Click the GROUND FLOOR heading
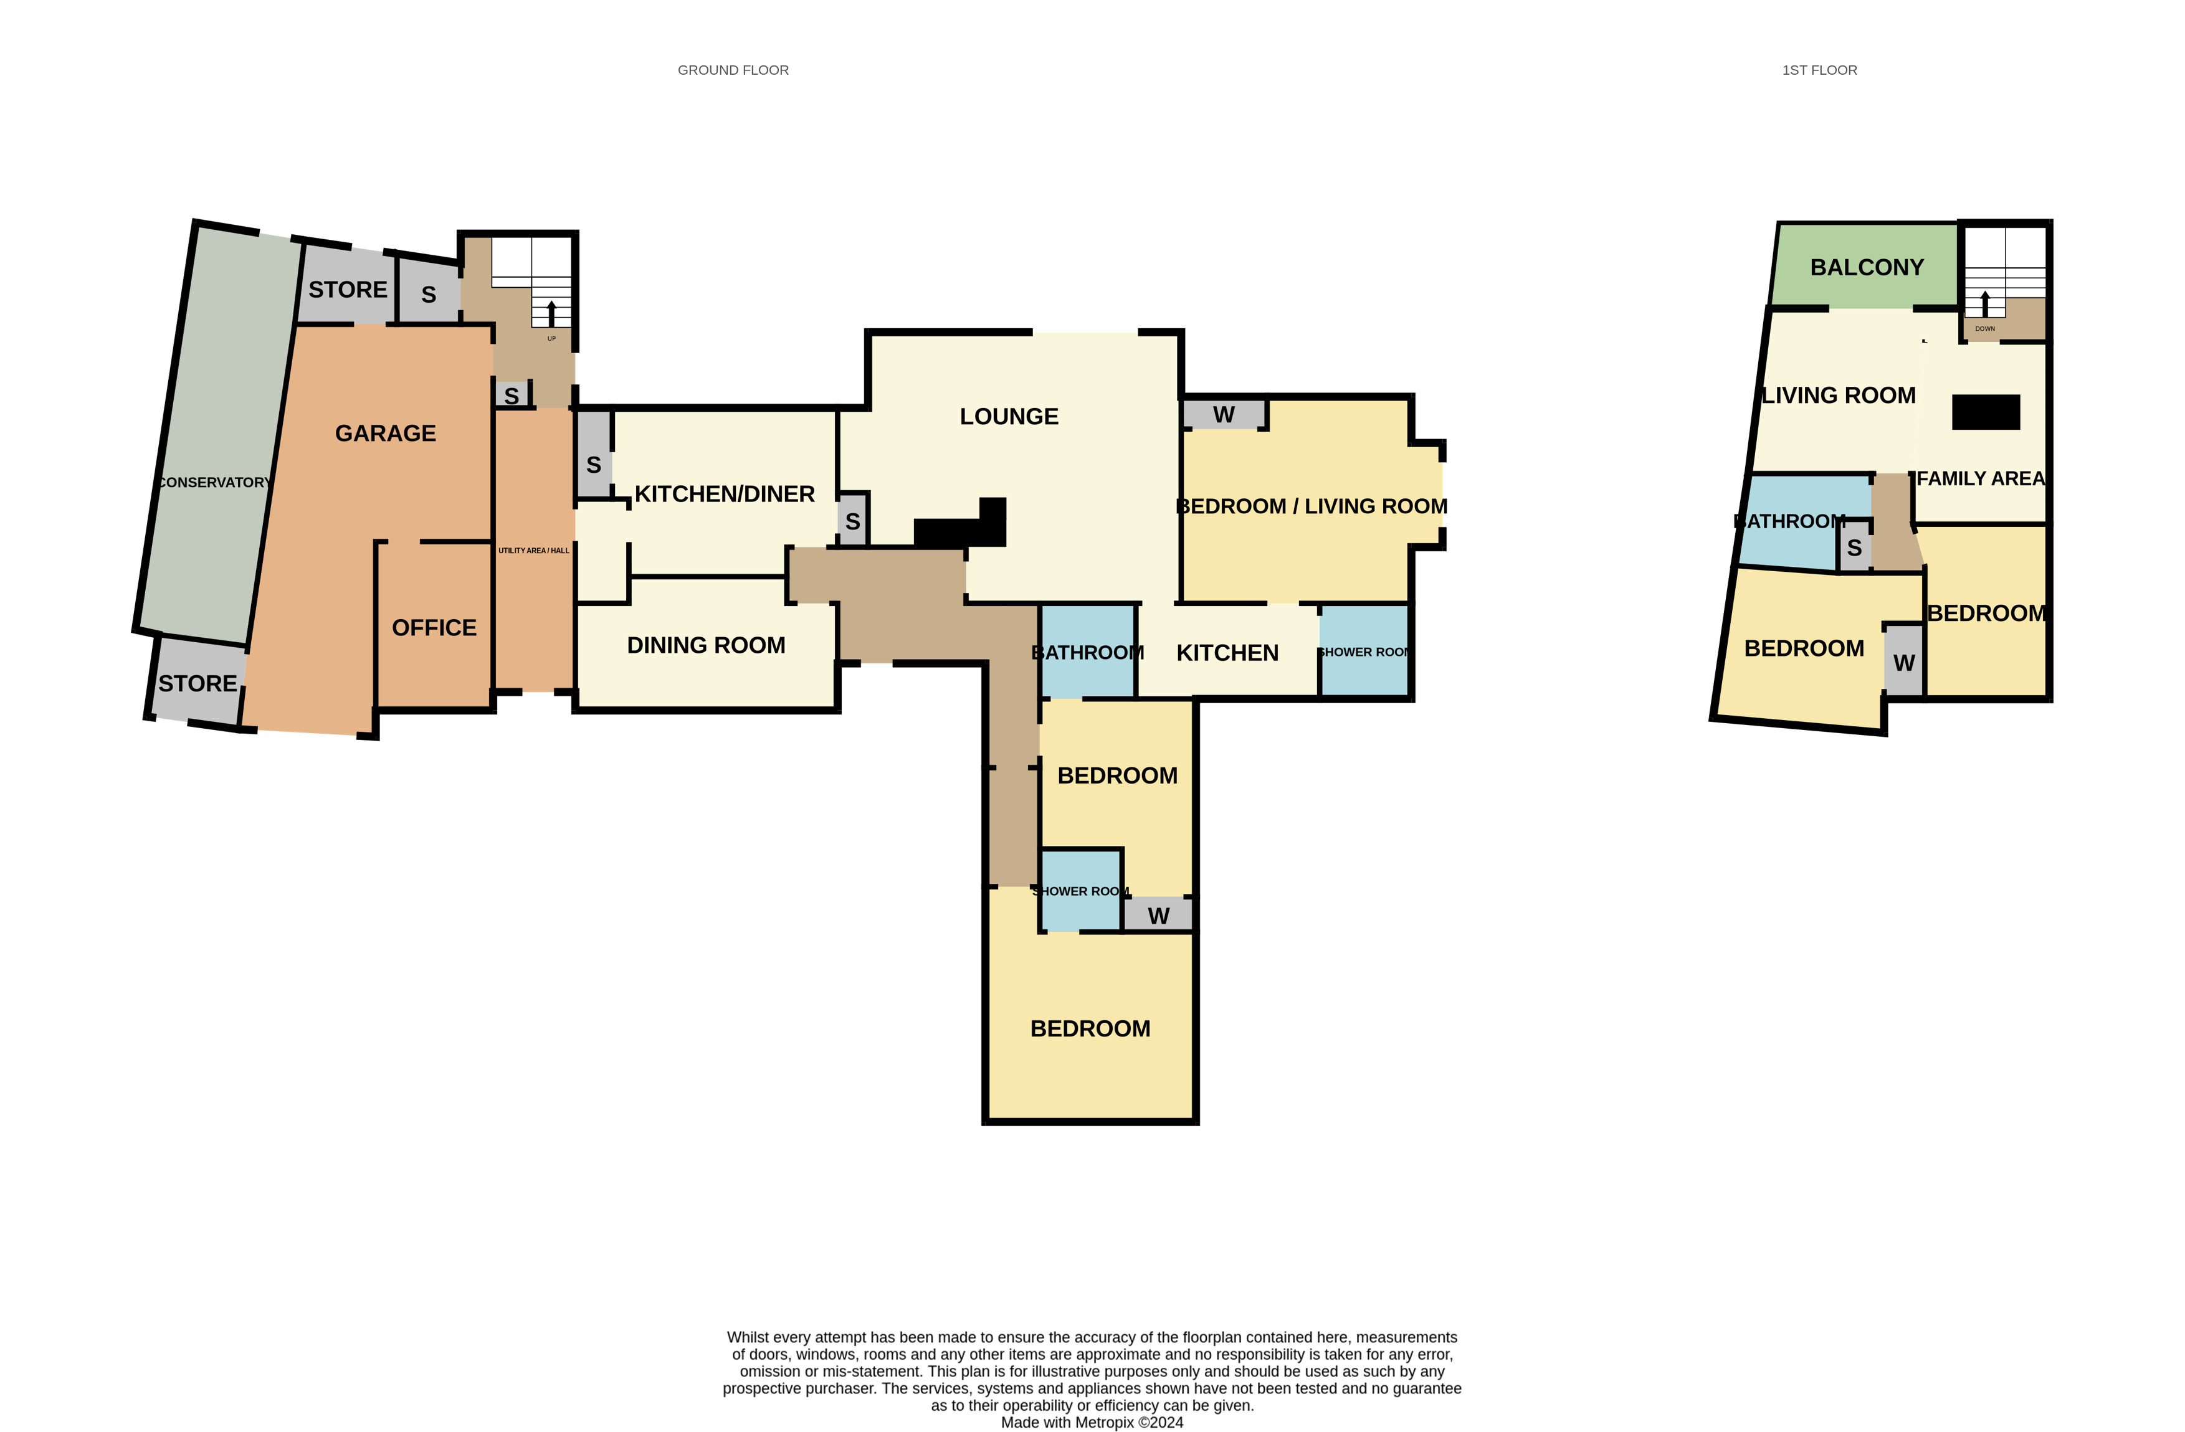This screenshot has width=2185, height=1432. (733, 70)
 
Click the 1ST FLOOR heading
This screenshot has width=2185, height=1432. (1819, 70)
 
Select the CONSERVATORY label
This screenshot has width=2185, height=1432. (214, 483)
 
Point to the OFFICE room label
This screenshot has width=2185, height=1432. (434, 628)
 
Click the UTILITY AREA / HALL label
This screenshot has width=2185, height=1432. (533, 551)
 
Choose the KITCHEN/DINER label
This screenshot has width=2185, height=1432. (725, 494)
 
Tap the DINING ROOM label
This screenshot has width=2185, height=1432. (705, 645)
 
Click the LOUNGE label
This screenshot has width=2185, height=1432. (1008, 417)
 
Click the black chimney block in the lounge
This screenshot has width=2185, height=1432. (959, 531)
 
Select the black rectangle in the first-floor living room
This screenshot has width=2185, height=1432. (1985, 412)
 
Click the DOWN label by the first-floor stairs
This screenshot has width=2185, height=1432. (1984, 329)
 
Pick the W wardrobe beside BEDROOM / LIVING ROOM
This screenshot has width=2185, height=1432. (1223, 415)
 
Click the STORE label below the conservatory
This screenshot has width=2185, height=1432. (198, 684)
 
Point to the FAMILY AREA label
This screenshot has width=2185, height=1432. (1980, 479)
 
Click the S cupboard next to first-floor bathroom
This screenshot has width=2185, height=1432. (1854, 549)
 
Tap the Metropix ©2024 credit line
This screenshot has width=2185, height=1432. (1092, 1423)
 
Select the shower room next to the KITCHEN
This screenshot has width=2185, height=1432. (1363, 652)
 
